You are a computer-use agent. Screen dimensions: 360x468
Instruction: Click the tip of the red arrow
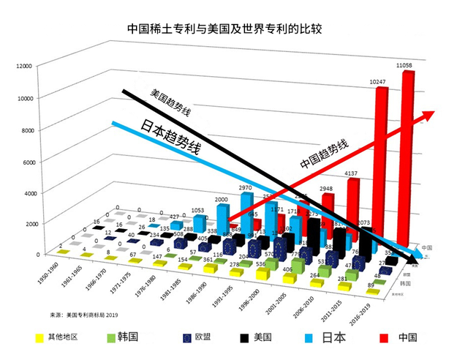coord(433,113)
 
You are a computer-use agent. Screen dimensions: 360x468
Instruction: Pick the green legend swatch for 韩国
coord(112,337)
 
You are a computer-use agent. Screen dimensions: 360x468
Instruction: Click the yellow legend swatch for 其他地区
coord(39,337)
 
